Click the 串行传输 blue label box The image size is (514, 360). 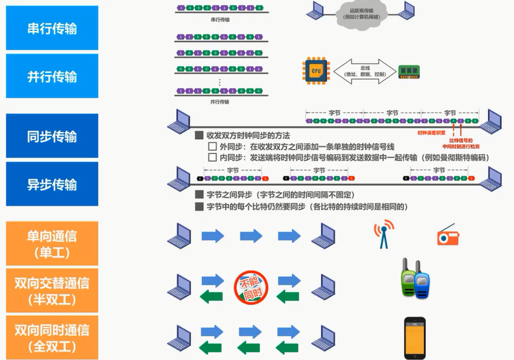click(52, 28)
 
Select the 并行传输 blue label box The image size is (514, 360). click(52, 76)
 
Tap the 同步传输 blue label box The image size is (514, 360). click(52, 136)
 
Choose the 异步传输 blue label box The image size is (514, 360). click(52, 184)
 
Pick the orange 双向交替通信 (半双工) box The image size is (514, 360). click(52, 290)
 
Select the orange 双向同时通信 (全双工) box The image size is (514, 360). click(52, 337)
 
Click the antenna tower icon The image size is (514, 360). click(384, 235)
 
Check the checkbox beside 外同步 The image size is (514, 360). click(212, 147)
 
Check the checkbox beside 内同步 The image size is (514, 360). click(212, 157)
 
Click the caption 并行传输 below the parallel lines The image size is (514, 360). click(220, 102)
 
